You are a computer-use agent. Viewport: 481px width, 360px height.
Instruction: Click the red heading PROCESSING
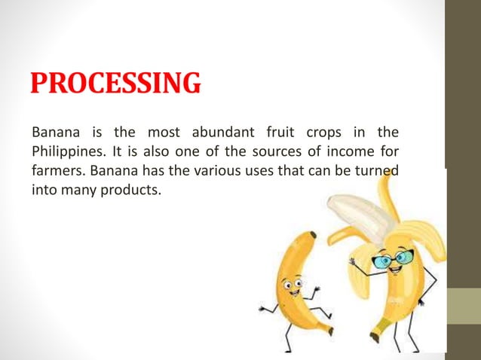pos(116,84)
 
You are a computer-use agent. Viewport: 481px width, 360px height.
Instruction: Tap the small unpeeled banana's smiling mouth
pos(293,296)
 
